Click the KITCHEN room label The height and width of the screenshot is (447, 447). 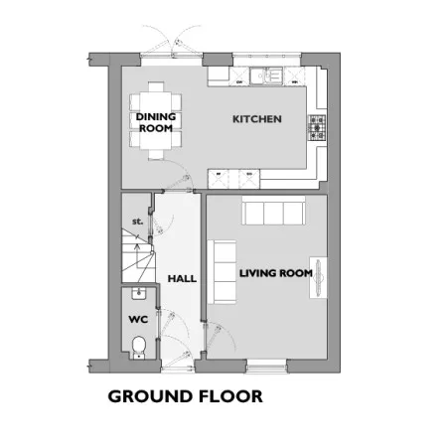257,119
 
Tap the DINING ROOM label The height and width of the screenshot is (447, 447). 156,122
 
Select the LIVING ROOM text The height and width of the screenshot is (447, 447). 276,273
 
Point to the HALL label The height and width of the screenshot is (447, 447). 182,279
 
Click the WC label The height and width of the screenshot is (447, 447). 138,320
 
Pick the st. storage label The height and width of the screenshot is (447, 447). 137,222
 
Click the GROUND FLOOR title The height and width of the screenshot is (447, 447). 186,396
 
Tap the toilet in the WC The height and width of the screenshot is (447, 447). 139,347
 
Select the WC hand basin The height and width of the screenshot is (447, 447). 139,293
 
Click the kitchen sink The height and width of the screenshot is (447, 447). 266,75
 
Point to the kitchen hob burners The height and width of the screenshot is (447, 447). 317,128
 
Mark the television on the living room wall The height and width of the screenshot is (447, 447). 319,277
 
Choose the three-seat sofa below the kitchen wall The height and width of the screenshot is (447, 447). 273,211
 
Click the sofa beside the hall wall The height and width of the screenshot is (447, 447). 222,272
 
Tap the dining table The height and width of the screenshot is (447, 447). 156,120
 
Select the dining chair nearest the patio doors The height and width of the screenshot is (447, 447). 156,86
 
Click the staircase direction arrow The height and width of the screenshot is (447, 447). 137,251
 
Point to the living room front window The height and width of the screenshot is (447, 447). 266,367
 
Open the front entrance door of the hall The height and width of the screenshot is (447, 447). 178,367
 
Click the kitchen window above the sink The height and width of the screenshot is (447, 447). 266,55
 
